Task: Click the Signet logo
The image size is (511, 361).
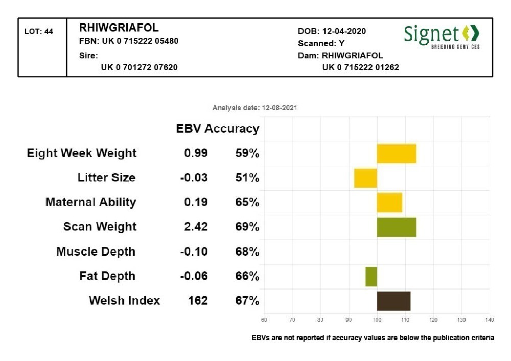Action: click(x=442, y=36)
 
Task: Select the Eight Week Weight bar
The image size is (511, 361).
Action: click(x=397, y=154)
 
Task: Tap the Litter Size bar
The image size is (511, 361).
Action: click(x=365, y=178)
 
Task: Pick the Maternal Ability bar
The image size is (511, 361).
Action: click(x=389, y=203)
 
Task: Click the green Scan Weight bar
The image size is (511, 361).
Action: click(x=397, y=227)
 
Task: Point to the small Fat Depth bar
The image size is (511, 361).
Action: click(x=371, y=276)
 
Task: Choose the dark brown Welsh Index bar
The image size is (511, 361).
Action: click(x=393, y=301)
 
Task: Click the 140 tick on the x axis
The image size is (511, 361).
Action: click(x=489, y=320)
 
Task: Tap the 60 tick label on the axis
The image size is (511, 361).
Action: click(x=264, y=320)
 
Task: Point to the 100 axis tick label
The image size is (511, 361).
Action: click(x=377, y=320)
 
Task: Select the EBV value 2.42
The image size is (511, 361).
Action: click(x=196, y=227)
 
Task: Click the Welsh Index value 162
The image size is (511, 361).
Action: click(x=198, y=300)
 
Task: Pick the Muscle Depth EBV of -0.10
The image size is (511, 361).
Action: click(x=194, y=251)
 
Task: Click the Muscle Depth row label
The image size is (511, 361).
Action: click(x=96, y=251)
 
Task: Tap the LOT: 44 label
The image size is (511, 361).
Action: click(x=39, y=32)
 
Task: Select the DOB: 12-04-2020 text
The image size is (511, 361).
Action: click(x=332, y=32)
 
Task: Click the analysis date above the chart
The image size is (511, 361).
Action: click(x=255, y=108)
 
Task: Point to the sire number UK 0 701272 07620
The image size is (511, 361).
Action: click(x=139, y=67)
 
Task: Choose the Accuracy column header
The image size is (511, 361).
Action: click(x=232, y=129)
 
